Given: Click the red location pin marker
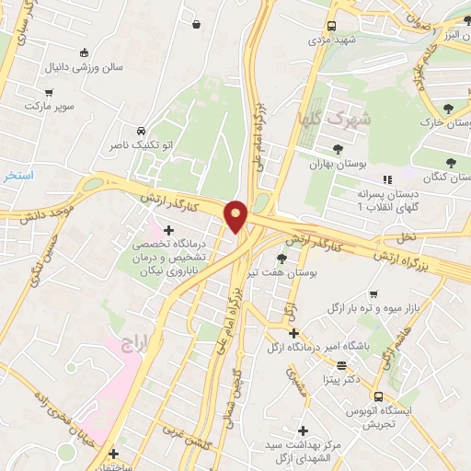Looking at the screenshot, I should (x=236, y=215).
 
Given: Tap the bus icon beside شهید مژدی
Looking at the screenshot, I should (x=332, y=27).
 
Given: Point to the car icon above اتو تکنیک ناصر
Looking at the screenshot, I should (x=140, y=131).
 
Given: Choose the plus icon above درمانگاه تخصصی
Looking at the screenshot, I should (x=168, y=229).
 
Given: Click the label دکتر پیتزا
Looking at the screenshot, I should (x=340, y=378).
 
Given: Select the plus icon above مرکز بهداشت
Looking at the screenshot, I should (x=303, y=430).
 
